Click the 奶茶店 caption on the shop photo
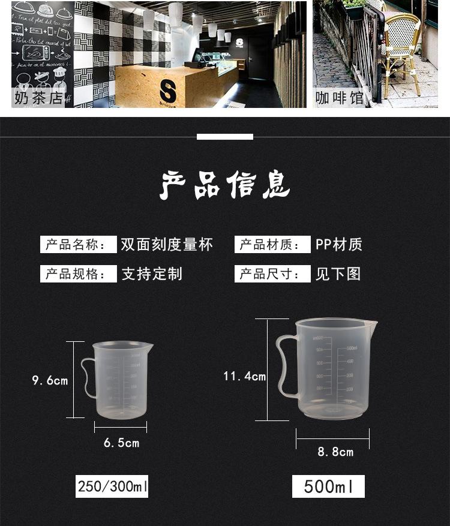[38, 98]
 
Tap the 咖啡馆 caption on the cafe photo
[340, 98]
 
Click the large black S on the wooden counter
[167, 92]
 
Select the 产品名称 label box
[78, 245]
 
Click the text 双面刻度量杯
[167, 245]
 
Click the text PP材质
[339, 245]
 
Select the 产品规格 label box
[78, 274]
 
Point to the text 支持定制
[152, 274]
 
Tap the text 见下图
[338, 274]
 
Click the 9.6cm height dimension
[50, 380]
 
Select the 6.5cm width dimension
[121, 443]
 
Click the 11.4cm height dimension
[244, 376]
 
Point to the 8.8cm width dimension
[335, 452]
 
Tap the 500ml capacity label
[328, 485]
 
